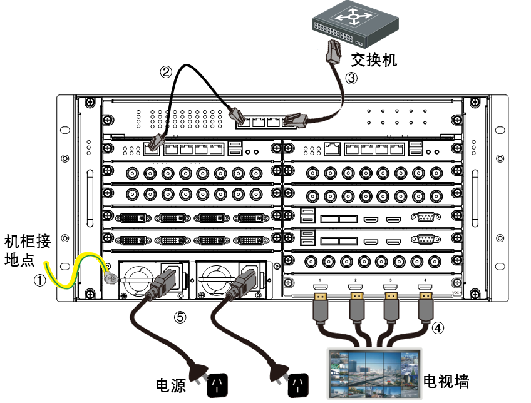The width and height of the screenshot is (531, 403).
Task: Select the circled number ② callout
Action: pyautogui.click(x=166, y=72)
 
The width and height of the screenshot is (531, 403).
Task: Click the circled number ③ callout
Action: pyautogui.click(x=351, y=78)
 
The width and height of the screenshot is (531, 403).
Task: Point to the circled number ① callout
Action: pyautogui.click(x=39, y=281)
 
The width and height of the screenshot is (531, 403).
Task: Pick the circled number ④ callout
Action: pyautogui.click(x=438, y=327)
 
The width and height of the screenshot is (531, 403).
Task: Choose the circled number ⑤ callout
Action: pyautogui.click(x=180, y=317)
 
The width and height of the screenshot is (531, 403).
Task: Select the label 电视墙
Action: pyautogui.click(x=446, y=380)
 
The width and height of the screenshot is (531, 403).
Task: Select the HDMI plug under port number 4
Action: pyautogui.click(x=426, y=300)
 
